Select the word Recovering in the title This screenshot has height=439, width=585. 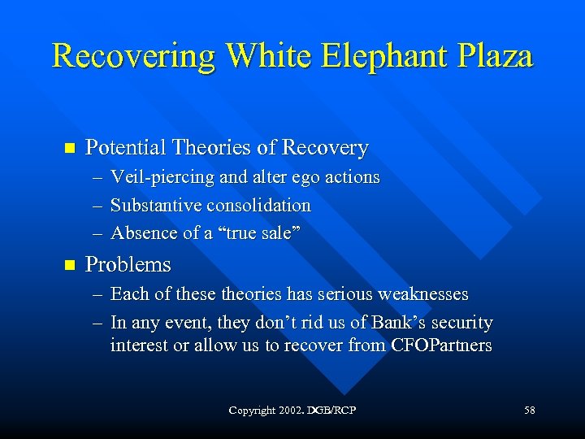click(134, 57)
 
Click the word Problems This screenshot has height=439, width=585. click(128, 264)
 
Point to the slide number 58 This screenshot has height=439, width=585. click(530, 411)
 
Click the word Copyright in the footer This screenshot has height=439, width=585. click(252, 411)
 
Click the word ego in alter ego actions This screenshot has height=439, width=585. click(303, 177)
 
